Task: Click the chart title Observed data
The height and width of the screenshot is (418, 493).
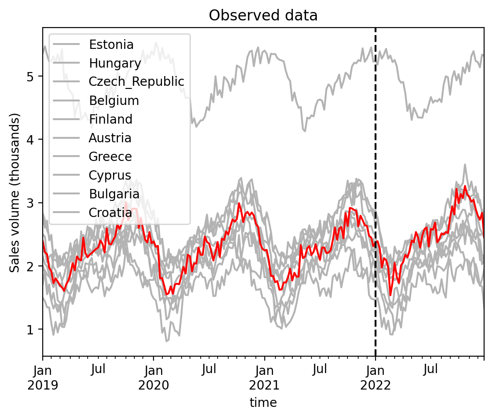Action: (263, 16)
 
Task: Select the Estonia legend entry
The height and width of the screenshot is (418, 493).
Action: (111, 44)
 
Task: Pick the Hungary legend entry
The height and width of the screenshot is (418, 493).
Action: (115, 63)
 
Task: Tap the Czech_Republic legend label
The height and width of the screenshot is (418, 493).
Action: (136, 82)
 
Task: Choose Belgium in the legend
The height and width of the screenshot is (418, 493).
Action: (114, 100)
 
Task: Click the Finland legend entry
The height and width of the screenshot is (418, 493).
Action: (110, 119)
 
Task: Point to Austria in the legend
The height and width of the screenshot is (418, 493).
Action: (110, 138)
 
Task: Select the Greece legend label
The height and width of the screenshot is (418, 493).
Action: (110, 157)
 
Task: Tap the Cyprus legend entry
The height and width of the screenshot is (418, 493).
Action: (110, 175)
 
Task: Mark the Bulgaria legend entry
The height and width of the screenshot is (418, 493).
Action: (114, 194)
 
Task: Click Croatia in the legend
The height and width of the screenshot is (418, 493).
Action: (110, 213)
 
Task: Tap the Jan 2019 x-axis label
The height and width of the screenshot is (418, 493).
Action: (43, 377)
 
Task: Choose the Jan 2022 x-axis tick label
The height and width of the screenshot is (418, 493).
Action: (376, 377)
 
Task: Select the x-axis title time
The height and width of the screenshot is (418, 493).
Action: (263, 403)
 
